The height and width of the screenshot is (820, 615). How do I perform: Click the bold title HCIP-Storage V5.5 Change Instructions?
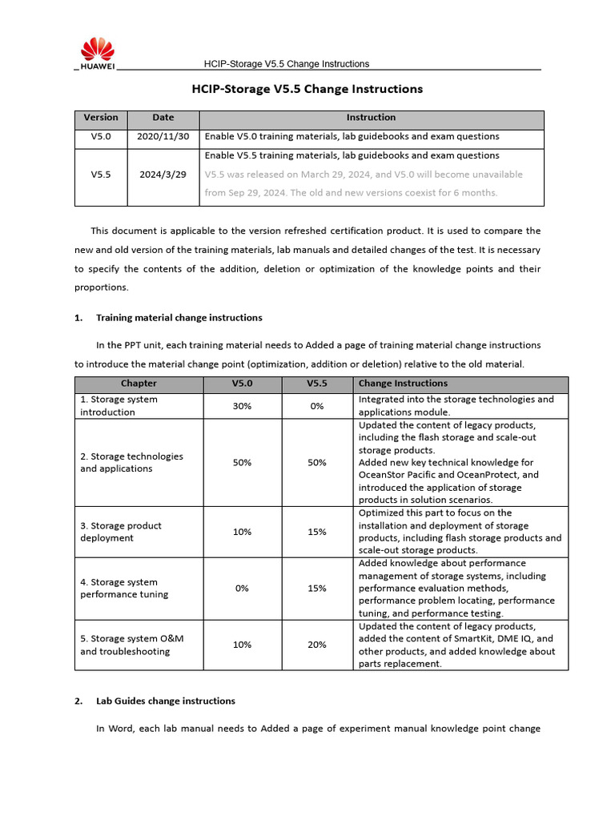coord(307,89)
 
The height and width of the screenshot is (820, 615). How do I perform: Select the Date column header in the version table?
coord(163,118)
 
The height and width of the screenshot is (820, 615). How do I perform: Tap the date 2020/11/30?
coord(163,137)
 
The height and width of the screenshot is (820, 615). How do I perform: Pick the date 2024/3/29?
coord(163,174)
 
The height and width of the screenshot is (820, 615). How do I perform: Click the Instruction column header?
coord(371,118)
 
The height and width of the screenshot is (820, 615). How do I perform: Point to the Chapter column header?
coord(139,384)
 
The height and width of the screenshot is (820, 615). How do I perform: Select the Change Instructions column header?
coord(403,384)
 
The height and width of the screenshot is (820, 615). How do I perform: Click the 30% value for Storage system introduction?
coord(242,406)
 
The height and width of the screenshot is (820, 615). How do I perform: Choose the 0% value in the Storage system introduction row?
coord(317,406)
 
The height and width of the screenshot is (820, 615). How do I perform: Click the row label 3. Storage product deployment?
coord(120,532)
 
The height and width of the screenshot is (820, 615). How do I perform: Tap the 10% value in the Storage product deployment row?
coord(242,532)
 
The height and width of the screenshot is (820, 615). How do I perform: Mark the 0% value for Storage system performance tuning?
coord(242,589)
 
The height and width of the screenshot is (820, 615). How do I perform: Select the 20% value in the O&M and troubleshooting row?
coord(317,645)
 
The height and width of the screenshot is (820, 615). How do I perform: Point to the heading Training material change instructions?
coord(179,318)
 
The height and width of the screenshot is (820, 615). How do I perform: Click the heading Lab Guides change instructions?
coord(165,701)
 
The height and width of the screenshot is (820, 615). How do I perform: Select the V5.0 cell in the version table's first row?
coord(101,137)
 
